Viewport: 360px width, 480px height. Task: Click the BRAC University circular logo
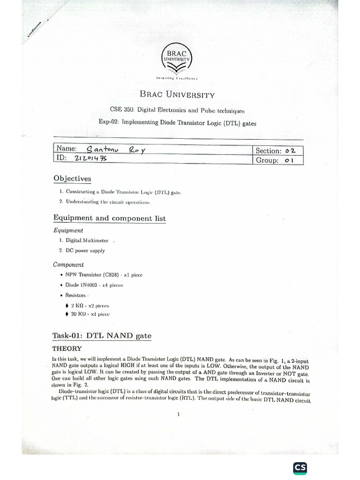coord(177,59)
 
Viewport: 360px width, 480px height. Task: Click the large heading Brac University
coord(177,95)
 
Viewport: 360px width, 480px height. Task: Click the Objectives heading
coord(72,179)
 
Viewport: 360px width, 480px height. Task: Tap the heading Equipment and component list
coord(109,218)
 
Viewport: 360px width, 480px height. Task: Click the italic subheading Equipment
coord(68,230)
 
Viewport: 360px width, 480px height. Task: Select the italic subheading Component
coord(68,264)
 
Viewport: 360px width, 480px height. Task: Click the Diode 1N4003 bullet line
coord(95,285)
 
